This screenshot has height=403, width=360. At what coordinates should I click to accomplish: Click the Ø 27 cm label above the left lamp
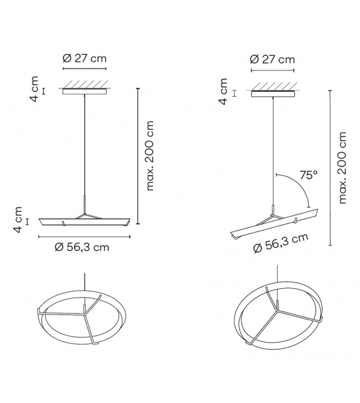pyautogui.click(x=85, y=58)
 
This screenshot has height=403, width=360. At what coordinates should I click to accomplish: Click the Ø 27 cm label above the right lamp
pyautogui.click(x=272, y=60)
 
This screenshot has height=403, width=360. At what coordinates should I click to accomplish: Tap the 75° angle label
pyautogui.click(x=307, y=176)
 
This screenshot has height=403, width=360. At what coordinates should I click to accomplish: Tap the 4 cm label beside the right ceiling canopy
pyautogui.click(x=224, y=92)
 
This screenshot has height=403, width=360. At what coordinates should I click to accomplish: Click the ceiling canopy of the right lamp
pyautogui.click(x=272, y=94)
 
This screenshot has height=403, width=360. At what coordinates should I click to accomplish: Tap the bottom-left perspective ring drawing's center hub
pyautogui.click(x=85, y=309)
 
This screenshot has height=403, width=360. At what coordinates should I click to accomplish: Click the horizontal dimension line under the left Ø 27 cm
pyautogui.click(x=85, y=68)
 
